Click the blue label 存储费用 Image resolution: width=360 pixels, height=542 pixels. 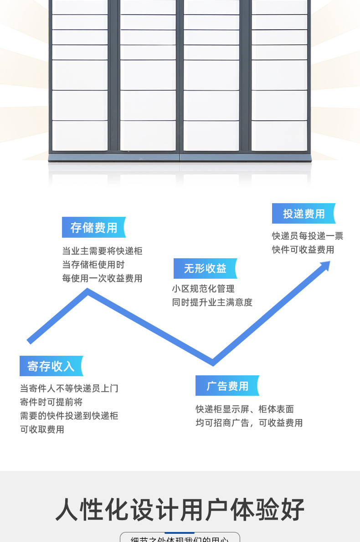point(93,228)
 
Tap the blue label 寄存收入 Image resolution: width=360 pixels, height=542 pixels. point(51,366)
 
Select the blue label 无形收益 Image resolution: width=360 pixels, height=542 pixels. point(205,269)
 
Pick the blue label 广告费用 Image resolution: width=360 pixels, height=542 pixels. point(227,386)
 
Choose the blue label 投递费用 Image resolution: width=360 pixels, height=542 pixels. point(303,214)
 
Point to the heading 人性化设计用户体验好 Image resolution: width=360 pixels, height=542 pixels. point(180,510)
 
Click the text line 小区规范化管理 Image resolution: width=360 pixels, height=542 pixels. point(203,289)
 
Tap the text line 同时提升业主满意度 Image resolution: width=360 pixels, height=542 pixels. point(212,302)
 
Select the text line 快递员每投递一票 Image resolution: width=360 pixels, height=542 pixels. point(308,236)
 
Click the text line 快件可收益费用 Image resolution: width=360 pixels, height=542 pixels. point(303,250)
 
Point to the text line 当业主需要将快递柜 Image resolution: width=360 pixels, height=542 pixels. point(103,251)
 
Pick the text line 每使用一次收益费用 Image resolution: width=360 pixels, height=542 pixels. point(103,278)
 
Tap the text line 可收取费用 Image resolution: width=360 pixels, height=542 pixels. point(42,430)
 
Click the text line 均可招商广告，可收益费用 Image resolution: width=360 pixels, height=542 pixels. point(249,423)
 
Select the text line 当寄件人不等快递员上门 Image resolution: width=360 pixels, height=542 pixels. point(69,389)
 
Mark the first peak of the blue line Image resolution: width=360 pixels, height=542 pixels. point(88,291)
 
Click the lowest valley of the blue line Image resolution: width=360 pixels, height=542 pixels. point(213,363)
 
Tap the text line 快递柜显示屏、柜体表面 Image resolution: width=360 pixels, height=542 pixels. point(245,409)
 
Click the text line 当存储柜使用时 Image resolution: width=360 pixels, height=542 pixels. point(93,265)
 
